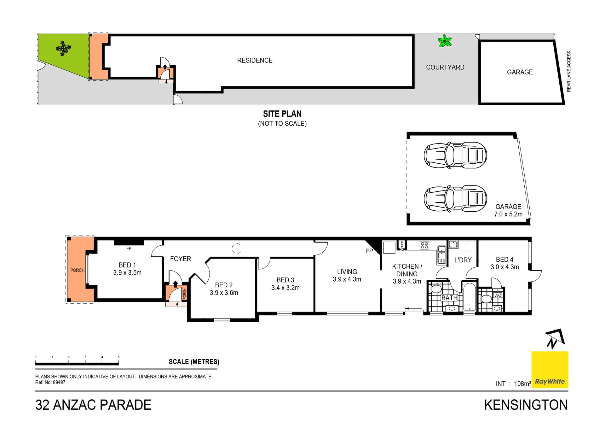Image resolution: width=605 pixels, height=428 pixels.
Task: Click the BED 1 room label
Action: pos(127,265)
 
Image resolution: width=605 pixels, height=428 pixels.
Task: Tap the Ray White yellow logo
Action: pos(550,370)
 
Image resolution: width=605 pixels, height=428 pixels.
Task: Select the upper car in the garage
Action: pos(455,155)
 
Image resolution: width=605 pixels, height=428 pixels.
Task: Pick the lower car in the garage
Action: pos(455,198)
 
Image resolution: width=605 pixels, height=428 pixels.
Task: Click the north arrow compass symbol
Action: pos(555,339)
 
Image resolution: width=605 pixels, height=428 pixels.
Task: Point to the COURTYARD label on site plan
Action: pos(445,67)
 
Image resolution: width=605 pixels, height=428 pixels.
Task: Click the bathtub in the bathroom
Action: pos(469,297)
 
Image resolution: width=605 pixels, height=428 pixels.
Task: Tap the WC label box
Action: pos(498,295)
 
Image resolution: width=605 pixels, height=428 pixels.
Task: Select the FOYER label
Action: pos(181,259)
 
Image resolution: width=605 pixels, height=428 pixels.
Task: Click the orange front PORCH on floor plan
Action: pos(77,270)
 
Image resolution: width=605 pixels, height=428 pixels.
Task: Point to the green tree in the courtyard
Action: pos(445,41)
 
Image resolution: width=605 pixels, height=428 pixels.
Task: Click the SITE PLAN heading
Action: pos(282,114)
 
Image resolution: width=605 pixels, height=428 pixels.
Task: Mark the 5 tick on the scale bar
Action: pos(119,357)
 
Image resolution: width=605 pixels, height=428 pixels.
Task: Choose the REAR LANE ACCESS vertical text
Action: pos(569,72)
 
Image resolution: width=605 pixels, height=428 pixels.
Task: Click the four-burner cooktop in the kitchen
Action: pos(424,245)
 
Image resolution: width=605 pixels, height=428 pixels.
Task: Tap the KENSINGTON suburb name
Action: pos(526,405)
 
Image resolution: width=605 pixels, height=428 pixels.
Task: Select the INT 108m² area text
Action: pos(513,384)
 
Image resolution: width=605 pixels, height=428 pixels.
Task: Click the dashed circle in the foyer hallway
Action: pos(237,249)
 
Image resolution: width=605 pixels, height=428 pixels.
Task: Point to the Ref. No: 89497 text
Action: pos(50,382)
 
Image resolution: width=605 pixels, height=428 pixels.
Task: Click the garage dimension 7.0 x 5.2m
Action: pos(508,214)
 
